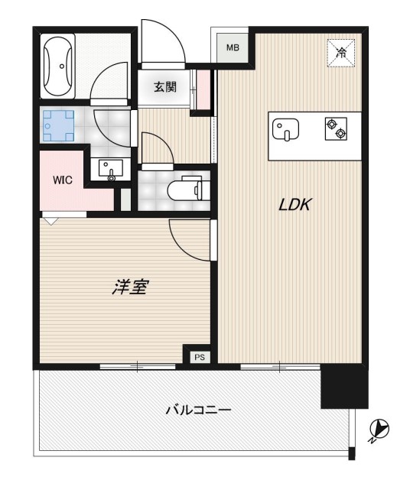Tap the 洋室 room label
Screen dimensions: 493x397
tap(130, 288)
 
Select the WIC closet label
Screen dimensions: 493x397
tap(63, 181)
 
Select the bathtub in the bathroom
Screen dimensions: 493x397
tap(60, 66)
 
